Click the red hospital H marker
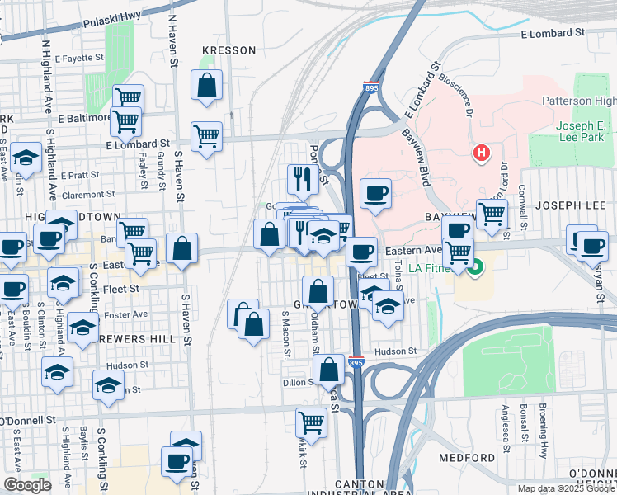(x=481, y=153)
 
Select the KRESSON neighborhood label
(x=228, y=50)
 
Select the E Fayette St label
(x=80, y=58)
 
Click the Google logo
(x=27, y=485)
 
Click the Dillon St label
(x=299, y=381)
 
